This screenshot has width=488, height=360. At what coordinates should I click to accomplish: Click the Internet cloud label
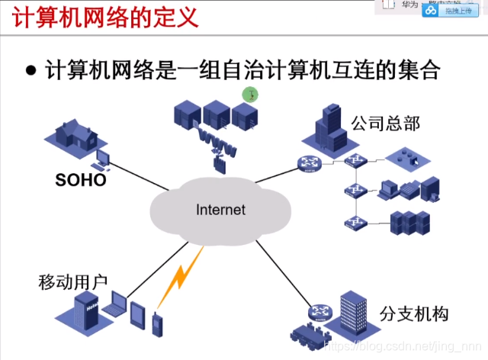coord(220,209)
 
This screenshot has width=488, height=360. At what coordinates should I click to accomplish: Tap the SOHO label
coord(80,181)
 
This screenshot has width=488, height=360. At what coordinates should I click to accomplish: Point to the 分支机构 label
coord(413,313)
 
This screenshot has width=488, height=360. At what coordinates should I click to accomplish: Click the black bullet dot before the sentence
coord(31,71)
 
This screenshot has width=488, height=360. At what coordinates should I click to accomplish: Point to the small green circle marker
coord(250,95)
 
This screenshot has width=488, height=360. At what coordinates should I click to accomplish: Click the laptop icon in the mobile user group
coord(113,307)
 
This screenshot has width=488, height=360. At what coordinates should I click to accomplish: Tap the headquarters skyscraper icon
coord(329,125)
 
